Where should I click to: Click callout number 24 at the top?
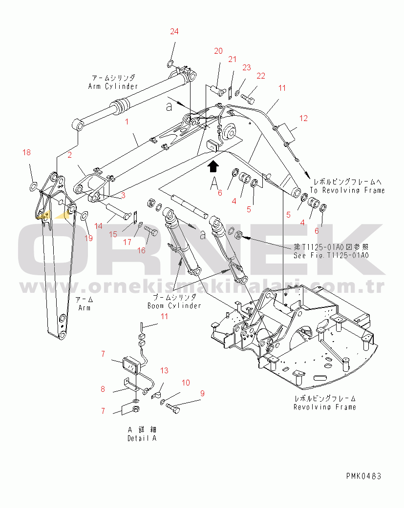pyautogui.click(x=174, y=32)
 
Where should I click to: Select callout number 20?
pyautogui.click(x=218, y=51)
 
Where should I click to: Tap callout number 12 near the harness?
pyautogui.click(x=304, y=118)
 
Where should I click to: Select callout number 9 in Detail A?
pyautogui.click(x=202, y=393)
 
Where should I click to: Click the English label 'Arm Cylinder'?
pyautogui.click(x=113, y=86)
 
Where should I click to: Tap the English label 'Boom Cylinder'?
pyautogui.click(x=174, y=305)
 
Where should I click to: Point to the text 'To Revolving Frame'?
pyautogui.click(x=347, y=190)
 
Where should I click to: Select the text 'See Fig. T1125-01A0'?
pyautogui.click(x=331, y=255)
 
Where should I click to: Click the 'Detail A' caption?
pyautogui.click(x=142, y=438)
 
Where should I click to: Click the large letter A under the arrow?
pyautogui.click(x=213, y=183)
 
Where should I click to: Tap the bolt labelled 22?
pyautogui.click(x=249, y=100)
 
